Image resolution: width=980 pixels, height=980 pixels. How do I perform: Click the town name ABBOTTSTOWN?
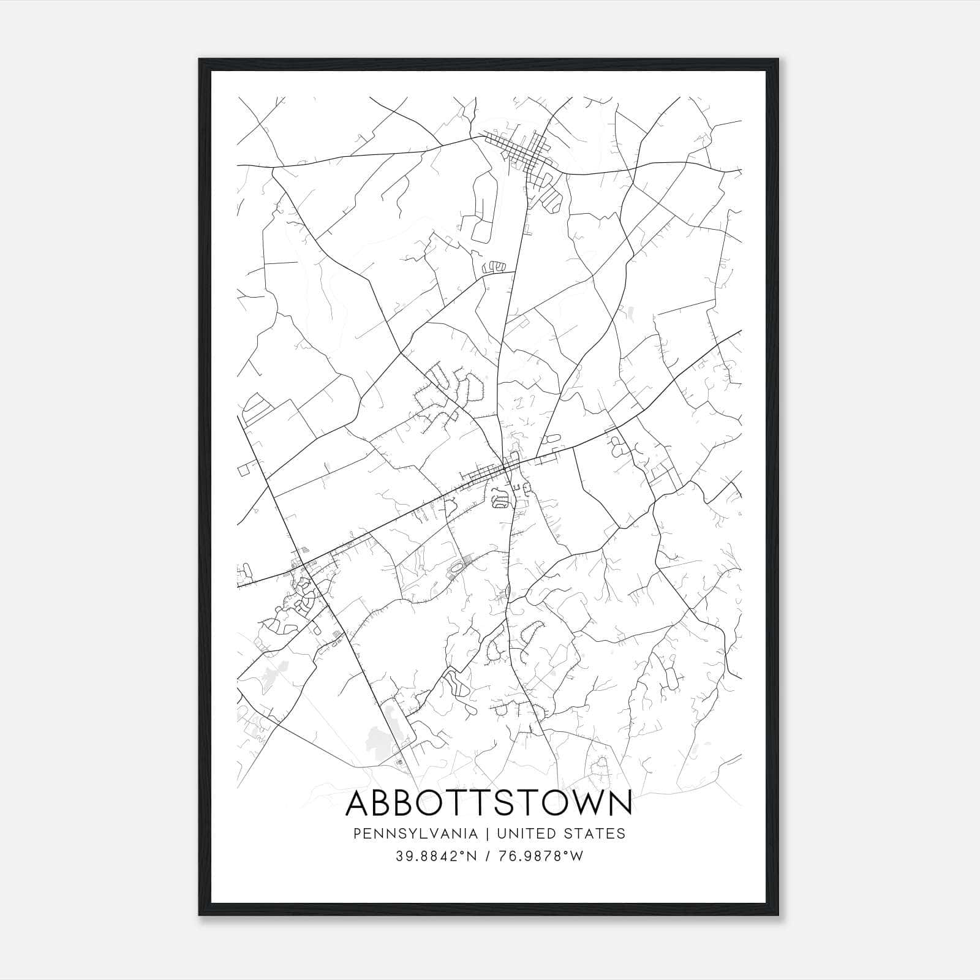click(x=488, y=803)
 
